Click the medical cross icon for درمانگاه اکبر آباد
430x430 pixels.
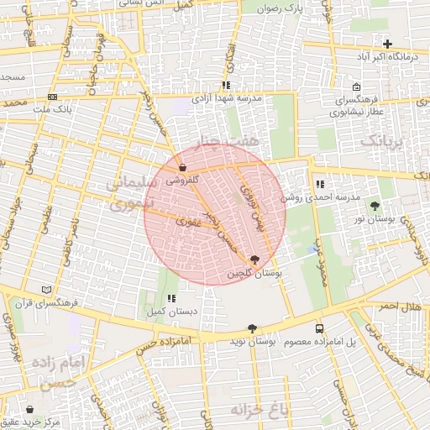[387, 44]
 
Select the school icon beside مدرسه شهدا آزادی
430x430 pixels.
[225, 86]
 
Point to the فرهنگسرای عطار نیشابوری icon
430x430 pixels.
[356, 87]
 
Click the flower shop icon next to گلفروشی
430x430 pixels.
[182, 167]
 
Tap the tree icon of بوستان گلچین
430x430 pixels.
[254, 260]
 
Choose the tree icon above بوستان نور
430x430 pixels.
[374, 206]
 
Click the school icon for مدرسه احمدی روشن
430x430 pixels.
[319, 184]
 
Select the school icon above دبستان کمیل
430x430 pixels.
[171, 298]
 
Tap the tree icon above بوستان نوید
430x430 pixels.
[252, 328]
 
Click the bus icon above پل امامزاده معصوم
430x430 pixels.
[319, 328]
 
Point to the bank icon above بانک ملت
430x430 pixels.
[53, 97]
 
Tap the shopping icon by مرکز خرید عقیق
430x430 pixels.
[31, 409]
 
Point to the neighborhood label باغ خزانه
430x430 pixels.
[260, 409]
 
